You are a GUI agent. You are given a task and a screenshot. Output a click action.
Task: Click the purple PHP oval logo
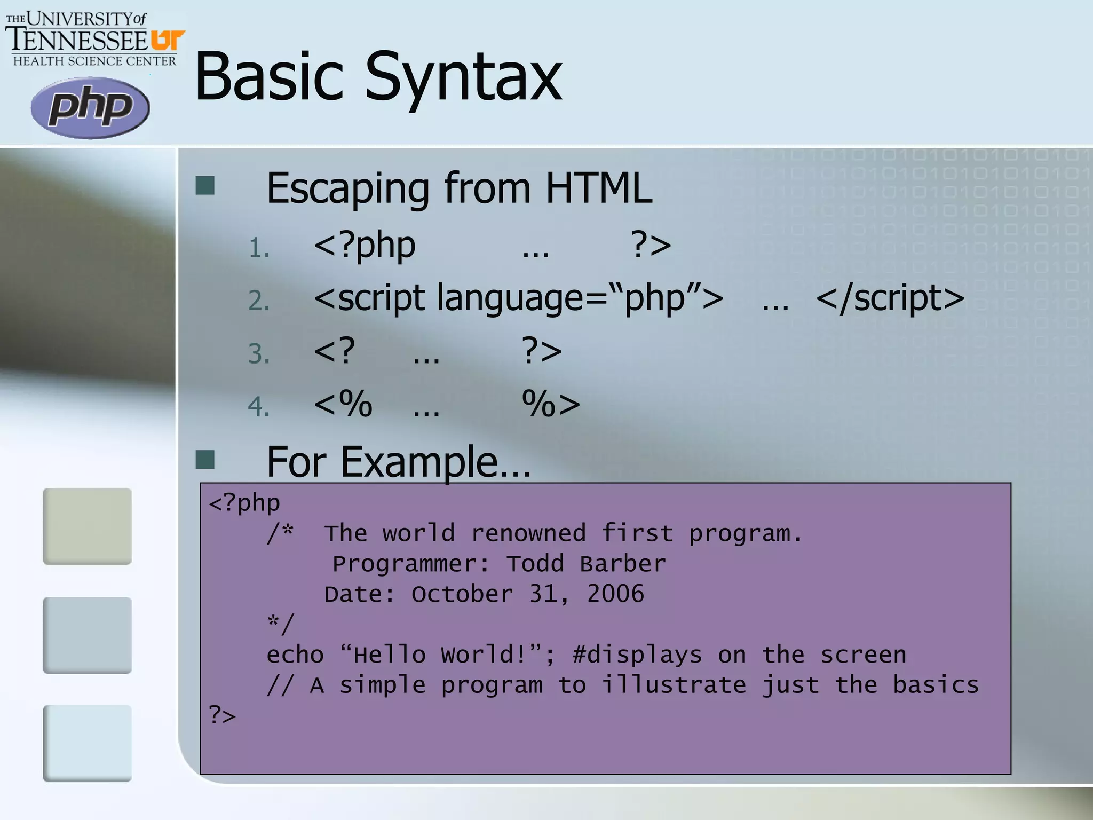pyautogui.click(x=90, y=108)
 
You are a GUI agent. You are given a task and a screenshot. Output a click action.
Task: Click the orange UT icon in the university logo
pyautogui.click(x=168, y=40)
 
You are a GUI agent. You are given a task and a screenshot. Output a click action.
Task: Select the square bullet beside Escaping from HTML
pyautogui.click(x=205, y=185)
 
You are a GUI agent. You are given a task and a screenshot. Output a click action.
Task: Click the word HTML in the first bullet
pyautogui.click(x=598, y=188)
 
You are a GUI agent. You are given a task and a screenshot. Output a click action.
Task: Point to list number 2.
pyautogui.click(x=259, y=301)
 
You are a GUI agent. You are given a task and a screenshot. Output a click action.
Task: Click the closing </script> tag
pyautogui.click(x=890, y=298)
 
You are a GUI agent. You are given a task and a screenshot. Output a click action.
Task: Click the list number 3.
pyautogui.click(x=259, y=354)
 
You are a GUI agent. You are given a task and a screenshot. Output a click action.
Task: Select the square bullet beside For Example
pyautogui.click(x=205, y=459)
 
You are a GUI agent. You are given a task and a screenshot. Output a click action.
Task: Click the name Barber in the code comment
pyautogui.click(x=623, y=564)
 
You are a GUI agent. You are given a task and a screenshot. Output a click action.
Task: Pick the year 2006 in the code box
pyautogui.click(x=615, y=594)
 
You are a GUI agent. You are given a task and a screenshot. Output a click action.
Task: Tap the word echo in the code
pyautogui.click(x=295, y=655)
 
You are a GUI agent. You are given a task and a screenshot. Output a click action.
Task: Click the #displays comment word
pyautogui.click(x=637, y=655)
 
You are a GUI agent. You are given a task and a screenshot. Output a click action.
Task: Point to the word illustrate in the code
pyautogui.click(x=674, y=685)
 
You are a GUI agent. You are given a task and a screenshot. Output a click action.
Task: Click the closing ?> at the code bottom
pyautogui.click(x=222, y=714)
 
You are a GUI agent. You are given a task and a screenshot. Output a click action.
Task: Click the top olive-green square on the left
pyautogui.click(x=88, y=526)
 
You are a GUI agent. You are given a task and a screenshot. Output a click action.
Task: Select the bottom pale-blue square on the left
pyautogui.click(x=88, y=743)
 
